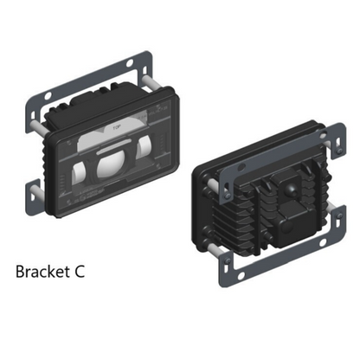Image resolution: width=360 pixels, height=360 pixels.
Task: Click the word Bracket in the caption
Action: (42, 272)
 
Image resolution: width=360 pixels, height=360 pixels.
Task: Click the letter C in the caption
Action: (80, 272)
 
